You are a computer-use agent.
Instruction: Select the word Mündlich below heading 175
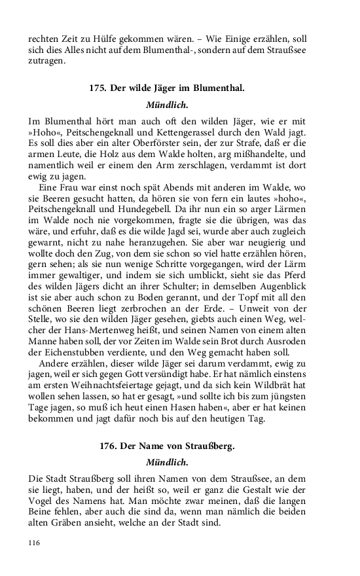pyautogui.click(x=167, y=104)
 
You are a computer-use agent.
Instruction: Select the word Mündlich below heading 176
pyautogui.click(x=167, y=462)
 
